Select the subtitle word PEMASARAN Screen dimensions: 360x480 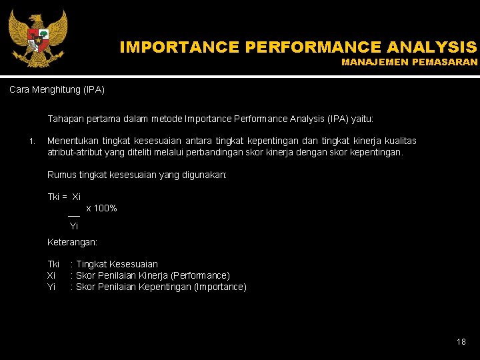[x=447, y=62]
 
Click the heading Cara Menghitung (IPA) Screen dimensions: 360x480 [x=57, y=89]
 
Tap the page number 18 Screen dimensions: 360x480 [x=461, y=341]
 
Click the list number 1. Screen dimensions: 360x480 [x=31, y=141]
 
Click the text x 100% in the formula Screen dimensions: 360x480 [x=101, y=209]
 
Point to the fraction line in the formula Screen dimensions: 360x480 [x=74, y=215]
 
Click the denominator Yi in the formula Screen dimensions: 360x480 [x=74, y=226]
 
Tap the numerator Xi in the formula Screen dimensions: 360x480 [x=76, y=197]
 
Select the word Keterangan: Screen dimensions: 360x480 [x=72, y=243]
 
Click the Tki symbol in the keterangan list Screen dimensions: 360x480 [x=53, y=264]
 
